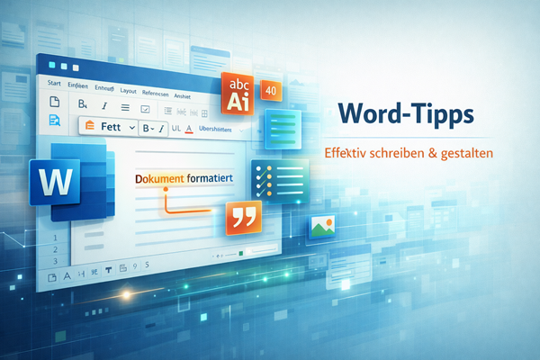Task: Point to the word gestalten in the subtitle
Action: click(467, 154)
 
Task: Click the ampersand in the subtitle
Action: click(420, 154)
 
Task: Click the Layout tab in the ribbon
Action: click(128, 91)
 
